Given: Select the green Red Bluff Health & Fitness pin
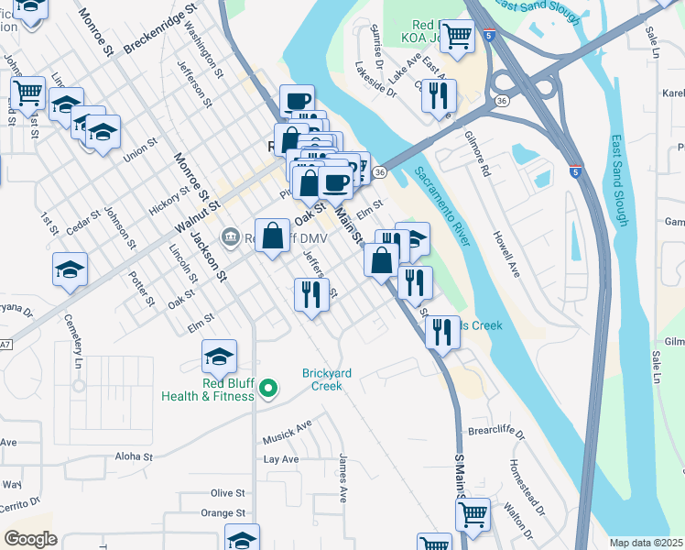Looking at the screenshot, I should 268,390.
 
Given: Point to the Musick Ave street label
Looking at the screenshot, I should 288,424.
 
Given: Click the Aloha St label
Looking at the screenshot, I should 134,456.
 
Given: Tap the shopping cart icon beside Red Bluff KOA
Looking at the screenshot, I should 457,37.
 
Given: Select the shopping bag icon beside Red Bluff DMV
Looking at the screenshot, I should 272,236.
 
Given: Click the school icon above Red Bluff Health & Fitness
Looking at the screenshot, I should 219,356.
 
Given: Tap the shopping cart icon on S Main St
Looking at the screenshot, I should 473,514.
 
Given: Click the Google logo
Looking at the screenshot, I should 30,539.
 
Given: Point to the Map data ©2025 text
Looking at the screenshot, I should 646,543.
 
